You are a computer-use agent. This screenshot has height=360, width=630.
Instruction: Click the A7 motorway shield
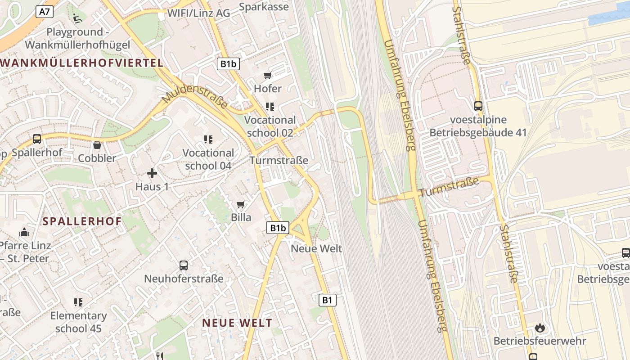[45, 12]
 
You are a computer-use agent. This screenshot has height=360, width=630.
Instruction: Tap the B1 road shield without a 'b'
[328, 300]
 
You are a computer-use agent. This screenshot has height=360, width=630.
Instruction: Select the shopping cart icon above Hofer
[268, 76]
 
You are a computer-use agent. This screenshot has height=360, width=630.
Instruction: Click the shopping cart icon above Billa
[241, 205]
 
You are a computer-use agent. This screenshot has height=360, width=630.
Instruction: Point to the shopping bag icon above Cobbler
[97, 145]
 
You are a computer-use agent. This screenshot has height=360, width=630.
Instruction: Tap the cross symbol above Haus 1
[152, 173]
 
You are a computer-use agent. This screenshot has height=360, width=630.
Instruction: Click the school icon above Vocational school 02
[270, 107]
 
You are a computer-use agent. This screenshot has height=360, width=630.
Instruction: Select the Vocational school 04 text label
[208, 159]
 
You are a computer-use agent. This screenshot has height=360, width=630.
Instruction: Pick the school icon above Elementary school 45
[78, 302]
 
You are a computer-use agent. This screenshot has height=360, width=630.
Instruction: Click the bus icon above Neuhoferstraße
[184, 265]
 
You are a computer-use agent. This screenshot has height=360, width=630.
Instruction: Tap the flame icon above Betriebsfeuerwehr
[540, 328]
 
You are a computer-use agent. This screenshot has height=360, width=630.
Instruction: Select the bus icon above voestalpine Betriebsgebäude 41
[478, 106]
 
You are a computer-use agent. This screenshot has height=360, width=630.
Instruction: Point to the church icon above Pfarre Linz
[24, 233]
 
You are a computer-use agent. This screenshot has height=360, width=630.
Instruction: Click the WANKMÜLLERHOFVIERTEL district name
[82, 63]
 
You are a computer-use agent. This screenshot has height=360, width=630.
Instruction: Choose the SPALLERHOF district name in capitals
[82, 221]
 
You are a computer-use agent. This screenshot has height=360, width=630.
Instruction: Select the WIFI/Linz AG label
[198, 13]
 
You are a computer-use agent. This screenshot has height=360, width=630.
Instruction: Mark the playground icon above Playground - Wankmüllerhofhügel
[77, 18]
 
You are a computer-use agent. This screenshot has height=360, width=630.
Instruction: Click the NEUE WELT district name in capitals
[237, 323]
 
